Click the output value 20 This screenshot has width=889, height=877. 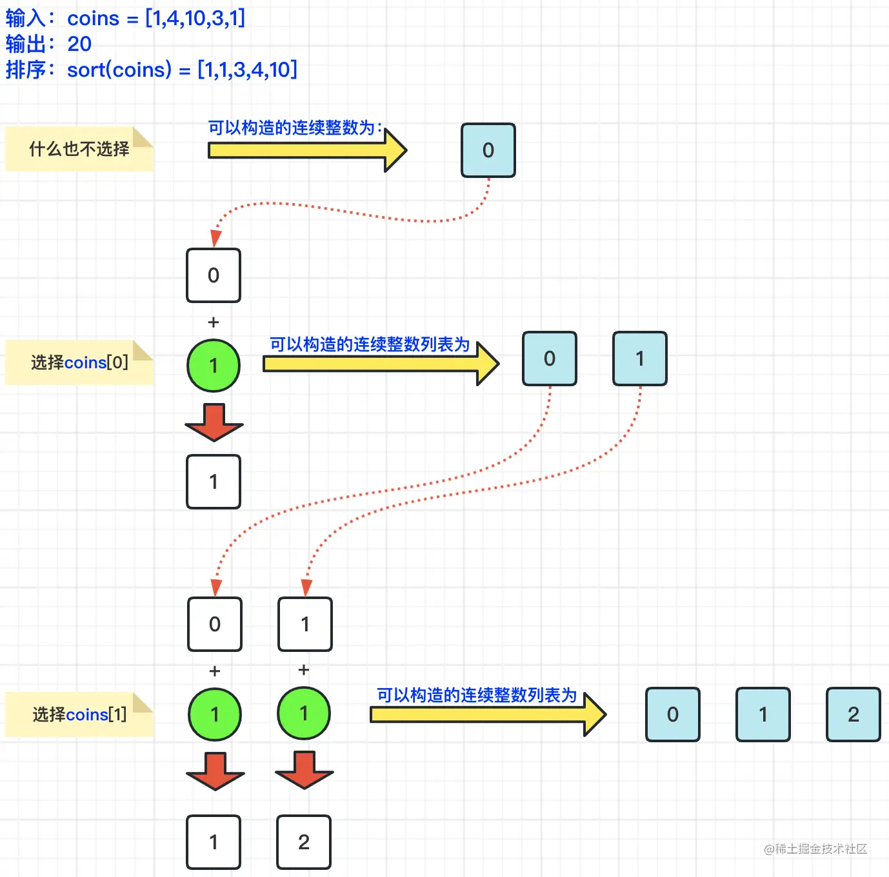pyautogui.click(x=79, y=44)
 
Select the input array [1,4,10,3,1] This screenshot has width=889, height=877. pyautogui.click(x=195, y=19)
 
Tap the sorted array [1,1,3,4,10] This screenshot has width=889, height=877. pyautogui.click(x=247, y=70)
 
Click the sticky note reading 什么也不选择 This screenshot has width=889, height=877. pyautogui.click(x=79, y=149)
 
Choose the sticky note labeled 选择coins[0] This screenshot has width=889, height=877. pyautogui.click(x=79, y=362)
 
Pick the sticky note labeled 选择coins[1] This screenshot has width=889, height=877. pyautogui.click(x=79, y=714)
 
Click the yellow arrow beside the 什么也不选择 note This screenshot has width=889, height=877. pyautogui.click(x=307, y=150)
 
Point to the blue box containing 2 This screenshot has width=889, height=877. pyautogui.click(x=853, y=714)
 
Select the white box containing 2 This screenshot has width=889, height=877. pyautogui.click(x=304, y=842)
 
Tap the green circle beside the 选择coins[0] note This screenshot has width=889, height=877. pyautogui.click(x=213, y=366)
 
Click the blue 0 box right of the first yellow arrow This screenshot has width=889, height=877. pyautogui.click(x=488, y=150)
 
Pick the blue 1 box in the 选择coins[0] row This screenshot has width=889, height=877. pyautogui.click(x=640, y=359)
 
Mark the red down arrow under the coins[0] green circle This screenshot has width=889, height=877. pyautogui.click(x=214, y=422)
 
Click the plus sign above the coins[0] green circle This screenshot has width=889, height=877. pyautogui.click(x=213, y=322)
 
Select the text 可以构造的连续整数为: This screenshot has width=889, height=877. pyautogui.click(x=295, y=128)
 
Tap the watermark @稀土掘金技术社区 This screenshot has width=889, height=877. pyautogui.click(x=815, y=849)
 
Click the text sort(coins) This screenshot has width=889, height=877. pyautogui.click(x=119, y=70)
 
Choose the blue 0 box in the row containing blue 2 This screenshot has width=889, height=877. pyautogui.click(x=673, y=714)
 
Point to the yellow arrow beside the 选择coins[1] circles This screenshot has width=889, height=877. pyautogui.click(x=488, y=714)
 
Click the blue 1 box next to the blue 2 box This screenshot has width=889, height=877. pyautogui.click(x=763, y=714)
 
